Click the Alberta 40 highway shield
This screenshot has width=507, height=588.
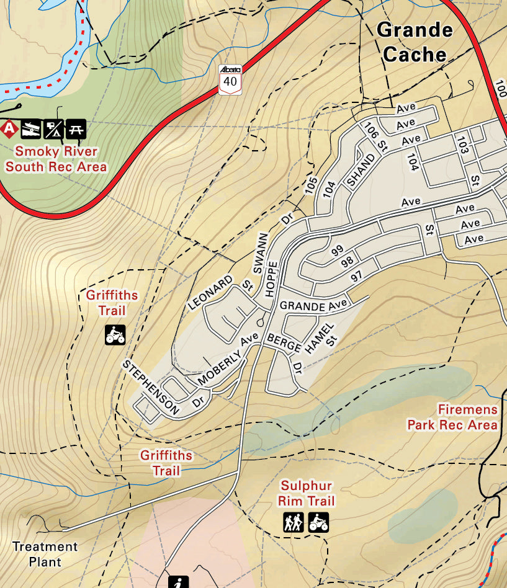tap(231, 78)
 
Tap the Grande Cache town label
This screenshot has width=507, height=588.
tap(415, 42)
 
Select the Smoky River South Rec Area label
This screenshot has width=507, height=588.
tap(56, 159)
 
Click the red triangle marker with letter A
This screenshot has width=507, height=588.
tap(9, 129)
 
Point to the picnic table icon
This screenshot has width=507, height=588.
tap(76, 129)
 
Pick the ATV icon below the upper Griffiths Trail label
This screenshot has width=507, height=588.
tap(115, 335)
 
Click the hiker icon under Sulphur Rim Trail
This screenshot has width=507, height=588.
tap(293, 522)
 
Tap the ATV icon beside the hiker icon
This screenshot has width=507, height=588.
tap(318, 522)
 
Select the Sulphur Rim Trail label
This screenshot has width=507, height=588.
tap(306, 493)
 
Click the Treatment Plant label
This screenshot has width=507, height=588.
tap(45, 554)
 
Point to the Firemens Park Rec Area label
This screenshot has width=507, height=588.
tap(452, 417)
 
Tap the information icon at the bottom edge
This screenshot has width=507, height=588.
tap(178, 582)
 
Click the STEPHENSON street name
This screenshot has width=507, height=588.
tap(151, 387)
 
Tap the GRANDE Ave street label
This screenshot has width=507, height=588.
tap(312, 306)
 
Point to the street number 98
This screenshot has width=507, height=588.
tap(347, 263)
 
